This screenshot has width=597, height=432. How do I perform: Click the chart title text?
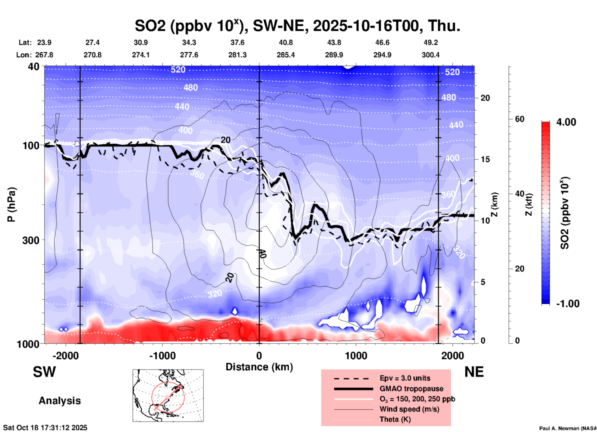[297, 26]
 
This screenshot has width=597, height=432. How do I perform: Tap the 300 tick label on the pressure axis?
[31, 240]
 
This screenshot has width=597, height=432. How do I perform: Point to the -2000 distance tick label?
[65, 355]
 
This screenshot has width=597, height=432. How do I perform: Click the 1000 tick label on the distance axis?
[356, 355]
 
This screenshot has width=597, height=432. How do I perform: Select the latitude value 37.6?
[237, 42]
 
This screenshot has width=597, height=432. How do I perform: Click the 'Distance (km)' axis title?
[259, 367]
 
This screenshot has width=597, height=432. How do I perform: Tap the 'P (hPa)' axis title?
[11, 205]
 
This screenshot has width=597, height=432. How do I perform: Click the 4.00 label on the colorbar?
[566, 122]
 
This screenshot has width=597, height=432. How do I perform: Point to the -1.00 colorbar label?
[568, 304]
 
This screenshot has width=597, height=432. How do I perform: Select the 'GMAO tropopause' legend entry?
[411, 389]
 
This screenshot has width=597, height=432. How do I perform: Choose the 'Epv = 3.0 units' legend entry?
[405, 378]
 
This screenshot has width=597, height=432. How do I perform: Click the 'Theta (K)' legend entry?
[395, 419]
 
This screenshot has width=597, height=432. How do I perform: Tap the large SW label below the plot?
[44, 372]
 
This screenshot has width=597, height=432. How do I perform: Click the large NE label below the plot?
[474, 372]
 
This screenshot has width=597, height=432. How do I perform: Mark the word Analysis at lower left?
[60, 401]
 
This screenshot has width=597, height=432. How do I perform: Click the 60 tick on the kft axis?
[519, 119]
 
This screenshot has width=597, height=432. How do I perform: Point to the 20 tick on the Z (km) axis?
[485, 98]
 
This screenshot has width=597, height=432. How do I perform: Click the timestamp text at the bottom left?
[45, 428]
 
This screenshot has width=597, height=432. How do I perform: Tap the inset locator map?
[168, 395]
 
